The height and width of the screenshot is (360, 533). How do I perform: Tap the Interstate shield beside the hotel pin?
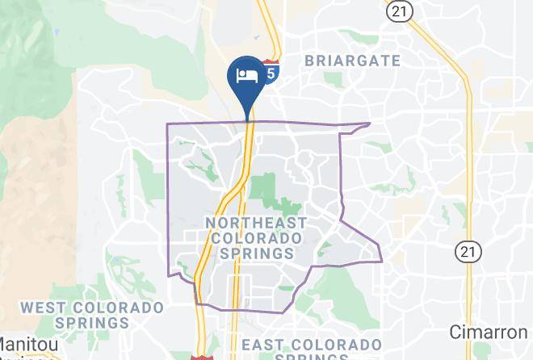[271, 72]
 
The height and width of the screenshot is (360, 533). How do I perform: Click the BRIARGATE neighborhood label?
[352, 61]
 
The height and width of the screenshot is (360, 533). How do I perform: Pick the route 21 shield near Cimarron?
[465, 252]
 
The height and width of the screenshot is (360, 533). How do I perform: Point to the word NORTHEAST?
[256, 223]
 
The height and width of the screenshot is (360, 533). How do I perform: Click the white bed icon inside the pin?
[246, 76]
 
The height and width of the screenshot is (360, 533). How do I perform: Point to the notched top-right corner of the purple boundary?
[368, 124]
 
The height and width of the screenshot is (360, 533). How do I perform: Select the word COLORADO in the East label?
[338, 345]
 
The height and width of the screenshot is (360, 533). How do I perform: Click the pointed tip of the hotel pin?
[247, 119]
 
